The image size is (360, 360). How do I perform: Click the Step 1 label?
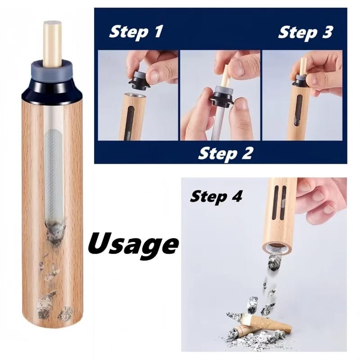point(136,32)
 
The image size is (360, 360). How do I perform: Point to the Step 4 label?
point(216,196)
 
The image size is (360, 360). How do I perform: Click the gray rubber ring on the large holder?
point(52,71)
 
